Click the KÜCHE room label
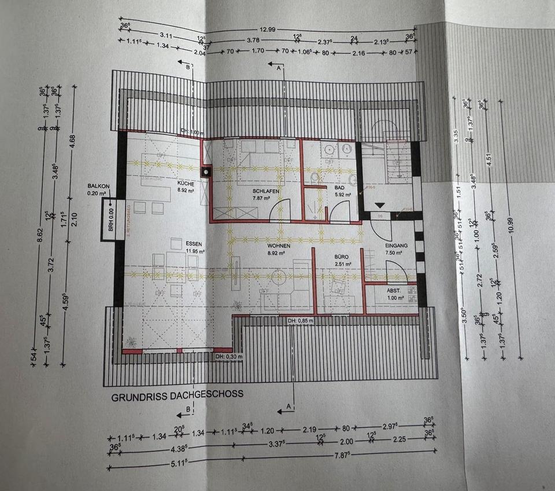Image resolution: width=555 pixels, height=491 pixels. click(186, 183)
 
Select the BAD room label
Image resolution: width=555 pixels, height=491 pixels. click(339, 188)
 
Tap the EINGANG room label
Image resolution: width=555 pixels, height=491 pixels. click(397, 246)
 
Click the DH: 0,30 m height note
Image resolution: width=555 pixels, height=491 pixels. click(230, 356)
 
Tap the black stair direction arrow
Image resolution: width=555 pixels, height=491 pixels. click(380, 205)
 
